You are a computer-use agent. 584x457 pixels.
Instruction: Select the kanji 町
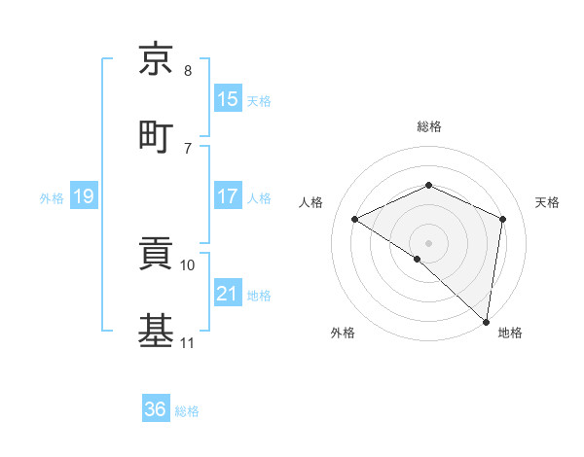[x=156, y=135]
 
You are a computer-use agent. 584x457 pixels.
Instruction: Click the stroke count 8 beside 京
[x=188, y=71]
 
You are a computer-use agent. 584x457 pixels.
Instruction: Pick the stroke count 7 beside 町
[x=188, y=148]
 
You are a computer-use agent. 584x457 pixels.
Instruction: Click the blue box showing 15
[x=228, y=99]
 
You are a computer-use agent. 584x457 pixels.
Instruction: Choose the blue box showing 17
[x=228, y=196]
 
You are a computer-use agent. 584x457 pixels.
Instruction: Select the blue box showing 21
[x=228, y=294]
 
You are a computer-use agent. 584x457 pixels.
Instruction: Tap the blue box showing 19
[x=84, y=196]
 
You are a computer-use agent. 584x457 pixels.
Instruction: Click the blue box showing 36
[x=156, y=409]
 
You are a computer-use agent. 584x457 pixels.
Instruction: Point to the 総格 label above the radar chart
[x=428, y=126]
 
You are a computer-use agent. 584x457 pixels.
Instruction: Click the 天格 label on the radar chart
[x=547, y=202]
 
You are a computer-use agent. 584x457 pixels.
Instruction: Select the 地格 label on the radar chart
[x=510, y=333]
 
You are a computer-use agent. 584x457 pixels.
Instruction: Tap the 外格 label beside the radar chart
[x=343, y=333]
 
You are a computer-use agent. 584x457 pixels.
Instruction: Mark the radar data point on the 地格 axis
[x=487, y=321]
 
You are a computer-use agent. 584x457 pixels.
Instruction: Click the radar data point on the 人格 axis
[x=355, y=220]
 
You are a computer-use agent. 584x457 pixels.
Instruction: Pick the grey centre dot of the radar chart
[x=428, y=242]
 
